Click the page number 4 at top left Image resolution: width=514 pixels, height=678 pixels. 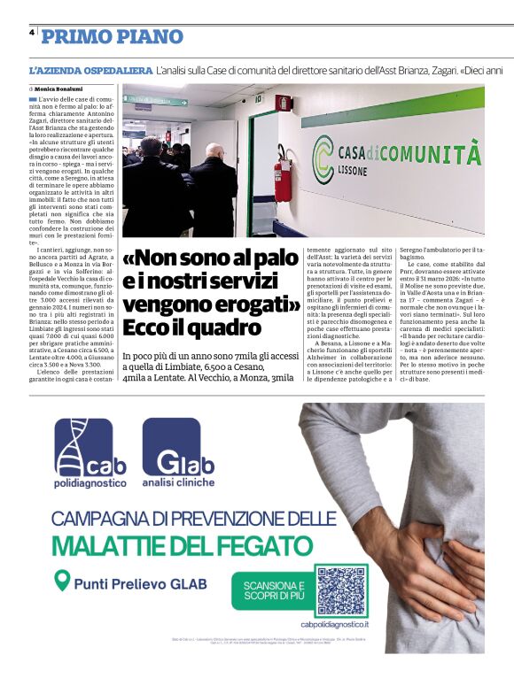(32, 31)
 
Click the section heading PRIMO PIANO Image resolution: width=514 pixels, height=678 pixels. (113, 36)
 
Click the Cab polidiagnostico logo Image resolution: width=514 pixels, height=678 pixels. (90, 456)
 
